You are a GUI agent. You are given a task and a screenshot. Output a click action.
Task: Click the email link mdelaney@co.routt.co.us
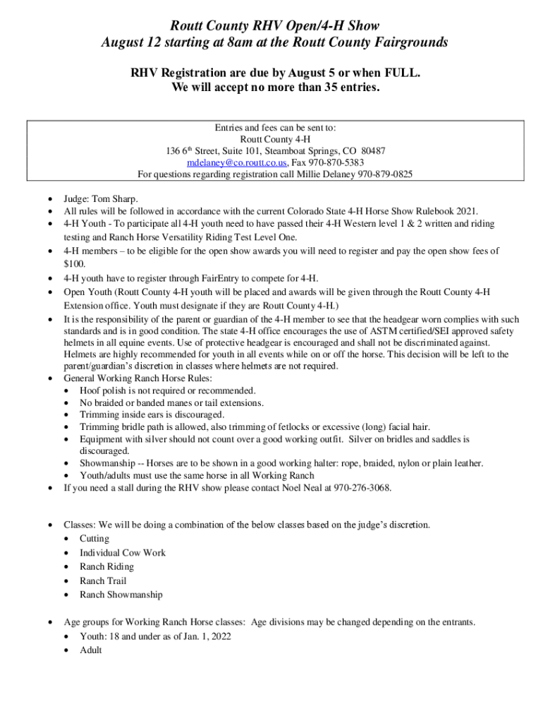233,162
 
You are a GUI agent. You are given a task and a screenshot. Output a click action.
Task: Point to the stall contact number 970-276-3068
362,488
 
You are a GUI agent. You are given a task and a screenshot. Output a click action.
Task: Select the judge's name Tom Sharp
116,198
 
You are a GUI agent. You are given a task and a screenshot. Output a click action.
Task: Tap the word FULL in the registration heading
401,73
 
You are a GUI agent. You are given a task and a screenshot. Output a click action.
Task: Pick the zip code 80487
372,151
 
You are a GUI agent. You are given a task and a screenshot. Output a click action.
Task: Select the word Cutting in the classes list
95,539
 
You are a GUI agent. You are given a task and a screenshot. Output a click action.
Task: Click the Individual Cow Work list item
123,553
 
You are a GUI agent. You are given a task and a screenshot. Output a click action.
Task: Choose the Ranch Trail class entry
103,581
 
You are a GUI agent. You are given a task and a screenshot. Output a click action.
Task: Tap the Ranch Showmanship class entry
121,594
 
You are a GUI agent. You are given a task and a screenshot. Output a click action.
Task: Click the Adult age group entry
91,650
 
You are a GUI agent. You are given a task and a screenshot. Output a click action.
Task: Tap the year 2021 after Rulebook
466,211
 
